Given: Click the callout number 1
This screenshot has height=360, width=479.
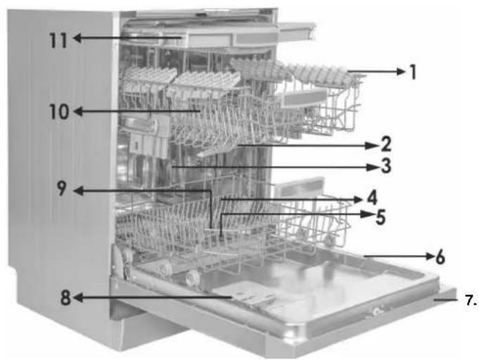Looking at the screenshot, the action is coord(413,72).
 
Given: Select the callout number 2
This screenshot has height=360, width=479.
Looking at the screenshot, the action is coord(386,144).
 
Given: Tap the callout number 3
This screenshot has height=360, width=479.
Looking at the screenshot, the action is coord(386,166).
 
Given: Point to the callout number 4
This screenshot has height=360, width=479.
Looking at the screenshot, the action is coord(372,198).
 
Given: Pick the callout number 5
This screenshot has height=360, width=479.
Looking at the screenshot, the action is coord(381,217).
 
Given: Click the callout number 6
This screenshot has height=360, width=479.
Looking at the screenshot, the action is coord(440,257).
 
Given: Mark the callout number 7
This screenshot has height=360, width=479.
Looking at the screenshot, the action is coord(471,300).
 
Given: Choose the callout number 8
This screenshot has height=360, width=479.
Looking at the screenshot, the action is coord(65,297).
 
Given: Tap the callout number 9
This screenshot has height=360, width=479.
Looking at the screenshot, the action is coord(62,188).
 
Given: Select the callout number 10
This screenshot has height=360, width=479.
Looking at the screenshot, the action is coord(59,112).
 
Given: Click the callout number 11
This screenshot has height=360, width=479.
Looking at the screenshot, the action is coord(58,40).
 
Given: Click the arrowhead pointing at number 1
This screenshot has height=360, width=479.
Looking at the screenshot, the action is coord(402,72).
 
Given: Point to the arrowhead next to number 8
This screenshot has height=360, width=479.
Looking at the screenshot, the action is coord(77,297).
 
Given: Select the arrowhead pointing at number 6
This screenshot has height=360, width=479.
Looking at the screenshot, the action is coord(430,257).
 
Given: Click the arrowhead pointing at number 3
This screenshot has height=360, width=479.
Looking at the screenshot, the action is coord(373,167).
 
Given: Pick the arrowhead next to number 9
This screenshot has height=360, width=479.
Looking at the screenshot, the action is coord(79,191).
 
